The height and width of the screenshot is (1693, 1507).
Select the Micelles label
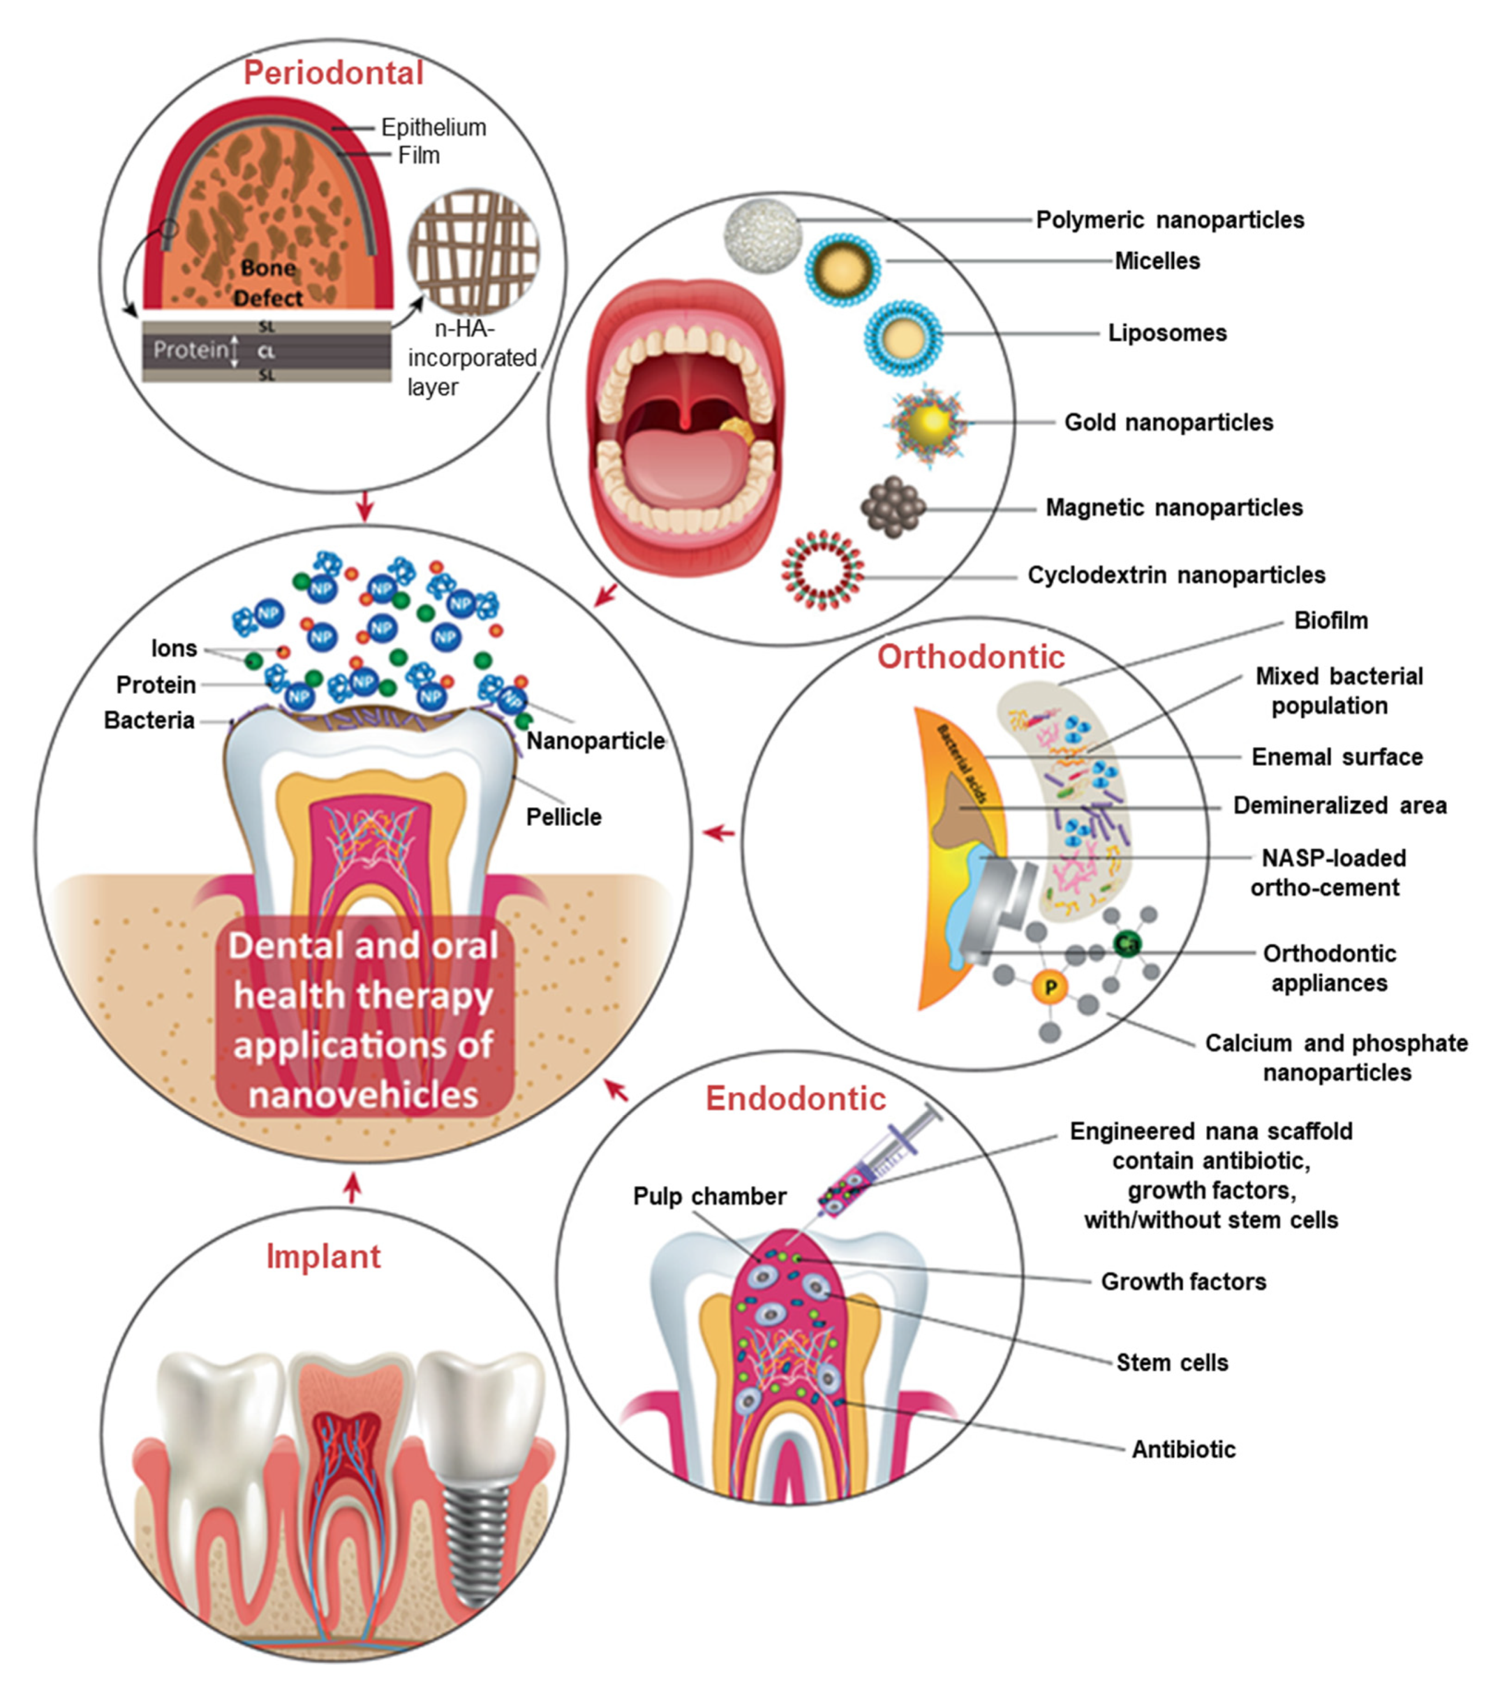pyautogui.click(x=1157, y=261)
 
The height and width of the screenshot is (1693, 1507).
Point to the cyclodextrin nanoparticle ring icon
pyautogui.click(x=822, y=570)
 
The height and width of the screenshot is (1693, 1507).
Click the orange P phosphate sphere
pyautogui.click(x=1050, y=987)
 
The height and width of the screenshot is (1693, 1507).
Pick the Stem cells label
pyautogui.click(x=1172, y=1362)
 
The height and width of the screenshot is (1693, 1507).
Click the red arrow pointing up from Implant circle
pyautogui.click(x=353, y=1188)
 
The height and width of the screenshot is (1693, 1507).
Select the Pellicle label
pyautogui.click(x=564, y=816)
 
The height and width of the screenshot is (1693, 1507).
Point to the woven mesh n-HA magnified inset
pyautogui.click(x=473, y=250)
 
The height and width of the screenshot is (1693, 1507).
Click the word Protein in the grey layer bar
pyautogui.click(x=190, y=350)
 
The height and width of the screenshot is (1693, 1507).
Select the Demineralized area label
pyautogui.click(x=1339, y=805)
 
